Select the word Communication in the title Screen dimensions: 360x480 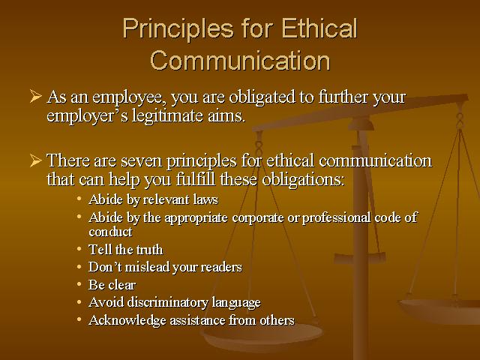point(240,60)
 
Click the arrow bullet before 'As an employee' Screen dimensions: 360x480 point(35,97)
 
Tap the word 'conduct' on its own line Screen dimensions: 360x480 point(109,231)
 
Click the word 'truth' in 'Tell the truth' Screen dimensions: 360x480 point(148,249)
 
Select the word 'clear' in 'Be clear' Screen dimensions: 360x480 point(122,285)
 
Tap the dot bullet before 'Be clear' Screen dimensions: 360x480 point(79,284)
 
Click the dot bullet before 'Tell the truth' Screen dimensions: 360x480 point(79,248)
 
